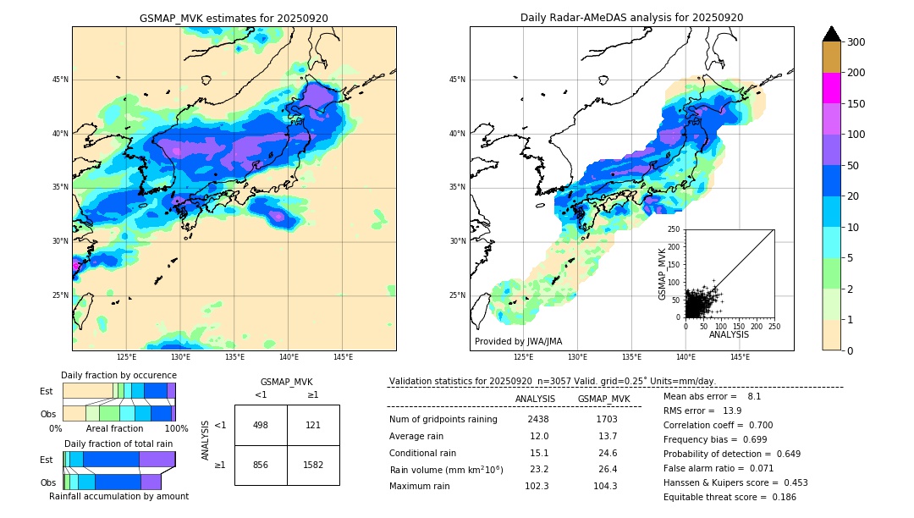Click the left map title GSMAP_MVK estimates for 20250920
234,18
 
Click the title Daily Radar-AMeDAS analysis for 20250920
631,18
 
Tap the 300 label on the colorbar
856,42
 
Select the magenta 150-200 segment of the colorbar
831,88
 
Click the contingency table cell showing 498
261,425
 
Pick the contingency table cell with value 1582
313,465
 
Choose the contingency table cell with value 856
261,465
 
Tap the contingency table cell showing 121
313,425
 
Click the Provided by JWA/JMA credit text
518,341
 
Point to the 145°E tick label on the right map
740,357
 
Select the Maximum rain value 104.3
606,486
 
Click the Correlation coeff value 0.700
755,425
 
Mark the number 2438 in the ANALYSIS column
537,419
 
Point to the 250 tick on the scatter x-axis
774,326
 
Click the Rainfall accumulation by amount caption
118,496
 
